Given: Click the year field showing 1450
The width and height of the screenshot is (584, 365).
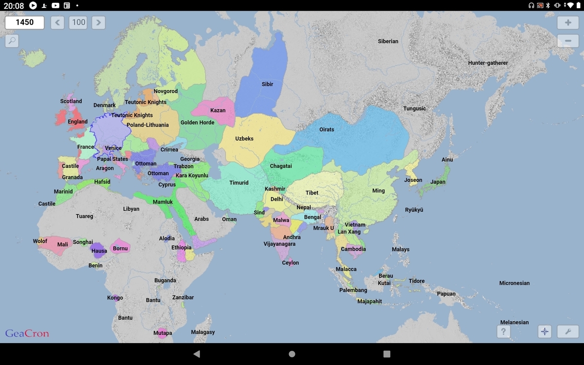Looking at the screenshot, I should (25, 22).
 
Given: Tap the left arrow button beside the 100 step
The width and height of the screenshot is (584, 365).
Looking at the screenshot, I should (57, 22).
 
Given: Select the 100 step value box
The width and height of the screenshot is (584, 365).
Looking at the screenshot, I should (78, 22).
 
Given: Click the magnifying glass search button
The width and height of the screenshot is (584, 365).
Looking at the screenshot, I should (12, 41).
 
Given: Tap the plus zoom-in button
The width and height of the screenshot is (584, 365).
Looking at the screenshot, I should (568, 23).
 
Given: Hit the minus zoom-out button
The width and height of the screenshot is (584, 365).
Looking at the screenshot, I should (568, 41).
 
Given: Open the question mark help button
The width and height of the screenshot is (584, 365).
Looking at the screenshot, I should (503, 331).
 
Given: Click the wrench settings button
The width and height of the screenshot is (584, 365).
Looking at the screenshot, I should (568, 331).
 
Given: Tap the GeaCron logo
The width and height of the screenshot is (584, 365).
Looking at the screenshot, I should (27, 333).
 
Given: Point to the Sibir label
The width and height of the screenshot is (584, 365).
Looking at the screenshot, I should (267, 84).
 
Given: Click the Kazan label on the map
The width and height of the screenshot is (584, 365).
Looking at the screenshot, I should (218, 110).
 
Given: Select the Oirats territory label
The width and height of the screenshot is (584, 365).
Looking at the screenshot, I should (327, 129).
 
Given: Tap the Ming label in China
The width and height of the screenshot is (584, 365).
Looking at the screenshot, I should (378, 191).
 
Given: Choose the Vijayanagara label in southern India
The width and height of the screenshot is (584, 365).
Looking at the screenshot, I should (279, 244).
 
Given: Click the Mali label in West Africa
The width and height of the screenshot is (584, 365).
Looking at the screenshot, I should (63, 245).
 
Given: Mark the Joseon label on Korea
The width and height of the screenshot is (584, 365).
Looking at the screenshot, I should (413, 180).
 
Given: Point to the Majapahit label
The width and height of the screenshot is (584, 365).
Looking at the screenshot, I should (369, 301).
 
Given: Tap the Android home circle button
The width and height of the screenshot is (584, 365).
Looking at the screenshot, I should (292, 354).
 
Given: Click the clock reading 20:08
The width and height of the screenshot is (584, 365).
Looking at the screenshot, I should (14, 5).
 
